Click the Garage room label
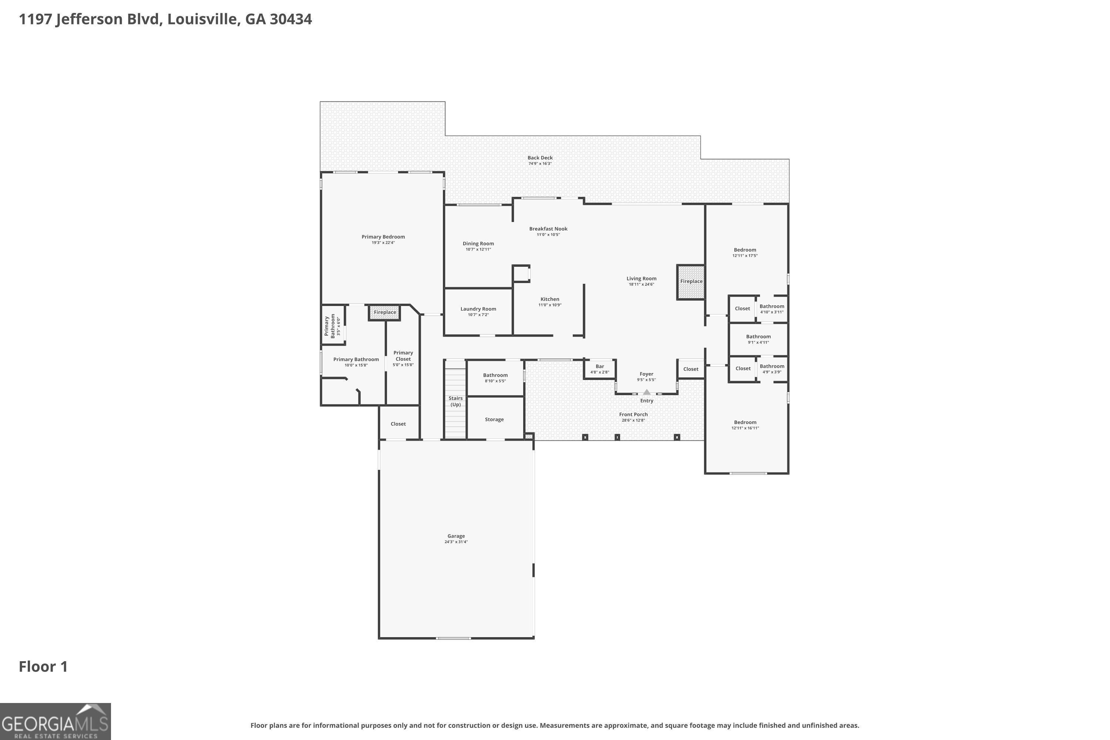456,536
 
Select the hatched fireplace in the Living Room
691,282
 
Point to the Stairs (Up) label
455,401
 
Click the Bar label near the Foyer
600,366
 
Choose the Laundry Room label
478,309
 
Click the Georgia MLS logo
55,721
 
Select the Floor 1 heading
43,666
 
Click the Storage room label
494,420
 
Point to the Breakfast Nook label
548,229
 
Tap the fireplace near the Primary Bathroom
385,312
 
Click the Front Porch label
633,414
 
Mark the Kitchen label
550,299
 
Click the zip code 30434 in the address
291,19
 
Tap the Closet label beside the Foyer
690,369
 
